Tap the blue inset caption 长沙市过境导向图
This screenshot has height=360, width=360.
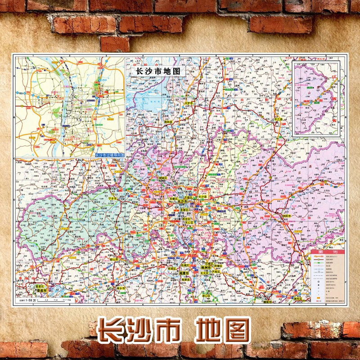pyautogui.click(x=109, y=155)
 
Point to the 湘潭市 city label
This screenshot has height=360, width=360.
pyautogui.click(x=184, y=273)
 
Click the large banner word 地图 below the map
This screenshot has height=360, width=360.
pyautogui.click(x=223, y=331)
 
